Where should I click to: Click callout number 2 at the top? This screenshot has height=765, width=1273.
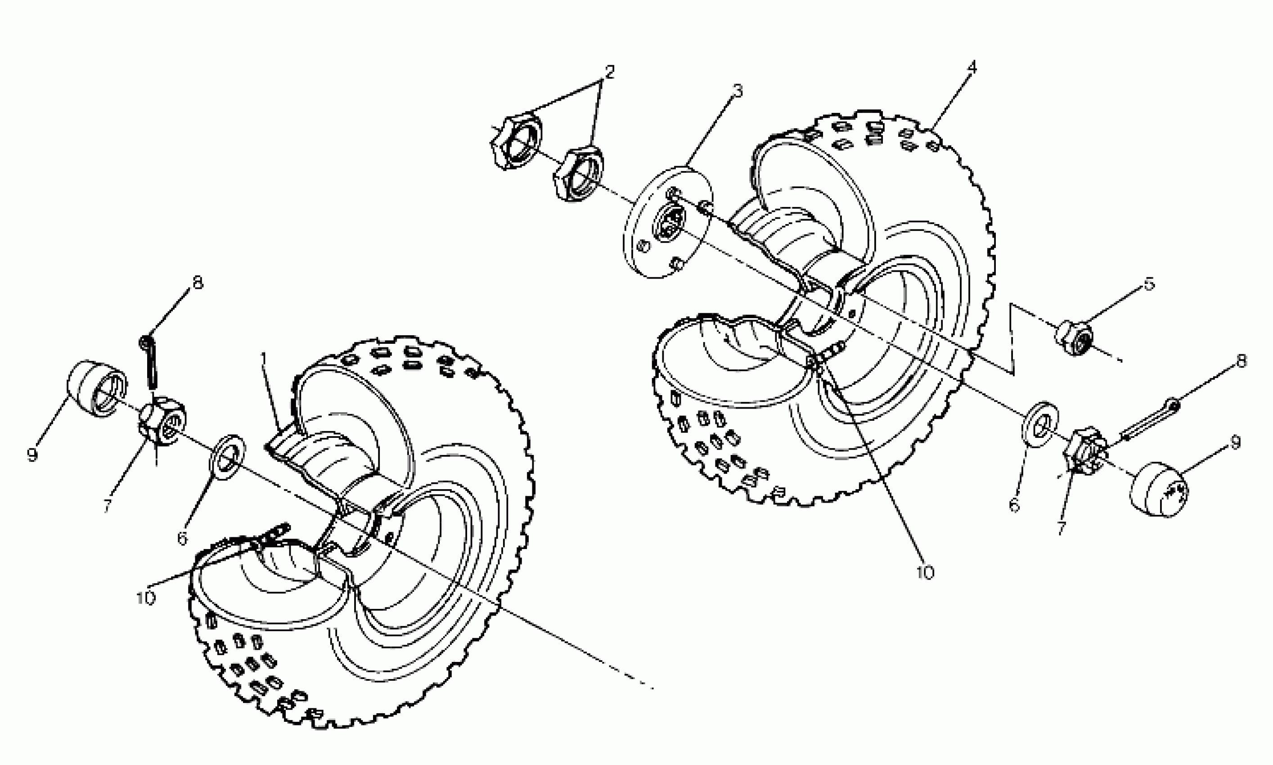[609, 72]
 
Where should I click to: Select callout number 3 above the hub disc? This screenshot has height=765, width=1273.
[738, 91]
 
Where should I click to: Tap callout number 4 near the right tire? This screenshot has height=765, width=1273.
[972, 67]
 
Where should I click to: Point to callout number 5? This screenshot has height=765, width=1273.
[1149, 284]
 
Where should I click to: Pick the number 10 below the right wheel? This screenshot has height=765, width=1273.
[925, 573]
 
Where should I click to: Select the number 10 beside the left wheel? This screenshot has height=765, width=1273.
[146, 598]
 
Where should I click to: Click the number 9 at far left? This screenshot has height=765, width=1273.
[32, 454]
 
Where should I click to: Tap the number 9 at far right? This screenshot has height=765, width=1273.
[1235, 442]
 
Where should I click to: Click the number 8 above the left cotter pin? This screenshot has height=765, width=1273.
[198, 283]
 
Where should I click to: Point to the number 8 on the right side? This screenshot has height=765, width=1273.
[1242, 361]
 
